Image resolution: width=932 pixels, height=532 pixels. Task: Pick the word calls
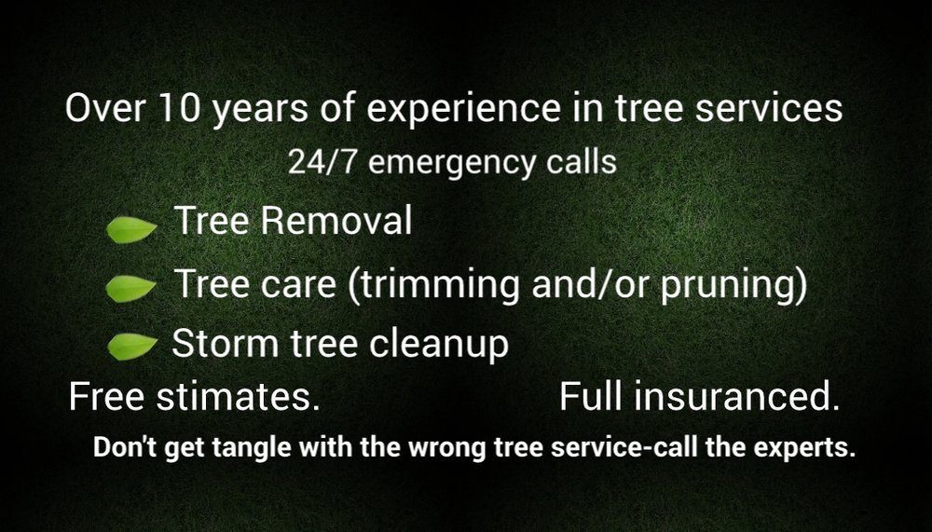(x=580, y=161)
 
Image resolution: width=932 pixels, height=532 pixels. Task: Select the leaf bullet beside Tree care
(x=130, y=290)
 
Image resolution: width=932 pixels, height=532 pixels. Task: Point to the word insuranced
(x=735, y=398)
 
